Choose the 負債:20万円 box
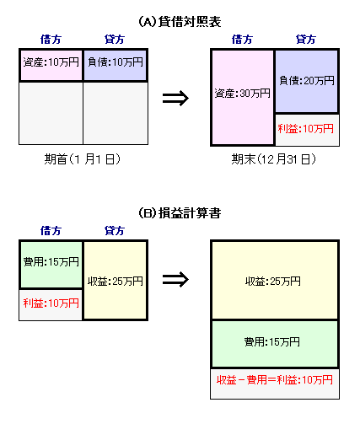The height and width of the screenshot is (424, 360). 307,81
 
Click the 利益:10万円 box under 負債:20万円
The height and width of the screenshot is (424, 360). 307,130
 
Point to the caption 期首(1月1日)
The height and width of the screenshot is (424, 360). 83,158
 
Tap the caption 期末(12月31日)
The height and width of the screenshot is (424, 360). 274,158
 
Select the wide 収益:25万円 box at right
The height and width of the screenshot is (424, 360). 275,281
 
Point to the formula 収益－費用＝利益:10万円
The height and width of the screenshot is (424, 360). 275,380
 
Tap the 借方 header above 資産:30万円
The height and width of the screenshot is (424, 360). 242,39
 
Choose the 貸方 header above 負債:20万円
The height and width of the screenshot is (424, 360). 306,39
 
